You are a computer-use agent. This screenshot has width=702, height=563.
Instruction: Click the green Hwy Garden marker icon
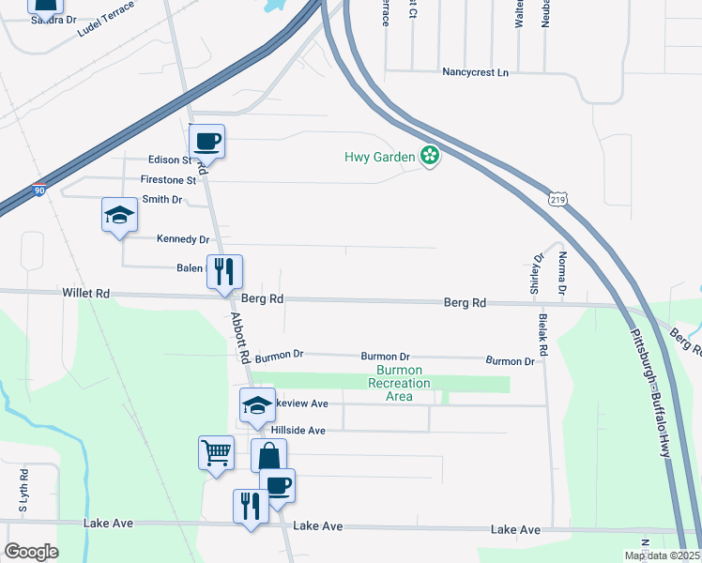[x=430, y=157]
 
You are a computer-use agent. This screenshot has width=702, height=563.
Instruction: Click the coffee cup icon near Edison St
[x=206, y=142]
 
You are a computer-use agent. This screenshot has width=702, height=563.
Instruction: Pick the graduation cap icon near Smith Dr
[x=119, y=215]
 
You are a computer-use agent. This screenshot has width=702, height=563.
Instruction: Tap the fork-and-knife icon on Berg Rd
[x=224, y=272]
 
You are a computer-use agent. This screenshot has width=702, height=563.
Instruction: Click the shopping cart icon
[x=216, y=453]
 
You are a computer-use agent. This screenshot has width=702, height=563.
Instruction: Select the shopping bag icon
[x=268, y=457]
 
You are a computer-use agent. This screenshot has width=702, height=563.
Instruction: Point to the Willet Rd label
[x=87, y=294]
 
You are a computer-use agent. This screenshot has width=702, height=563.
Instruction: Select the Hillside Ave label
[x=298, y=431]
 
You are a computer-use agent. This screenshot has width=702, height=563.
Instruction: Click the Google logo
[x=31, y=552]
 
